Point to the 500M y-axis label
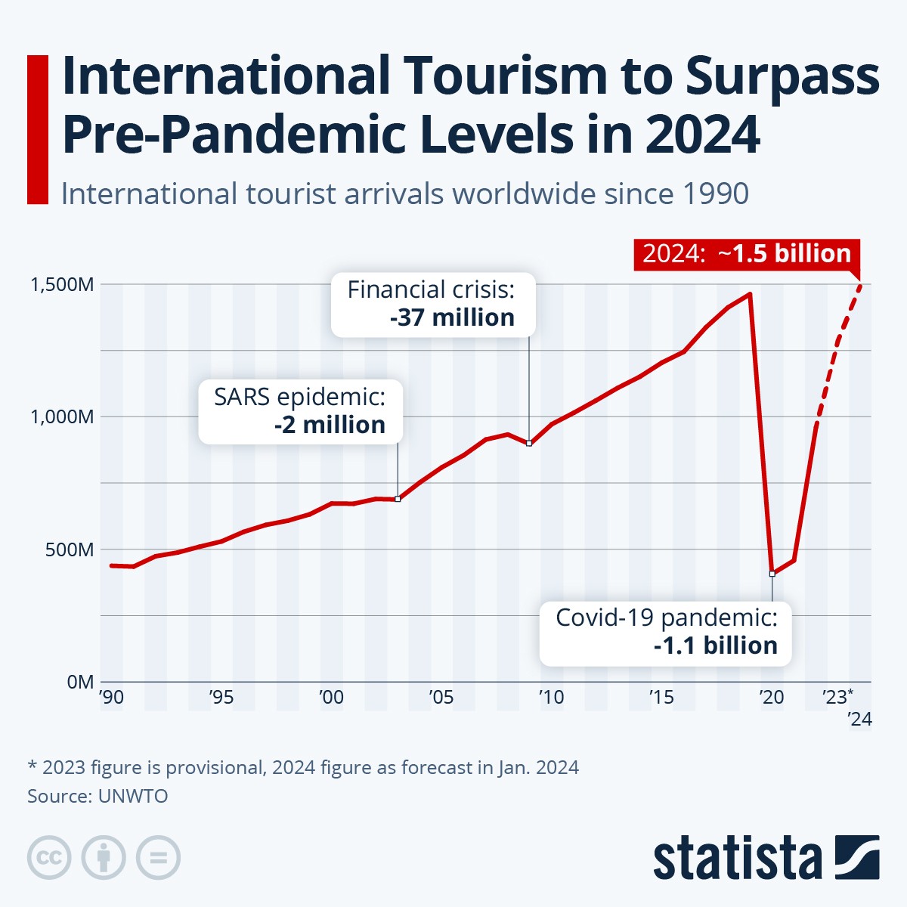click(x=70, y=549)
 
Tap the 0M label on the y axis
click(x=80, y=682)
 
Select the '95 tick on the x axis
click(x=221, y=697)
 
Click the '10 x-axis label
click(x=551, y=697)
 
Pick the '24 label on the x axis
click(x=859, y=719)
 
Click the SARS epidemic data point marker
click(x=398, y=499)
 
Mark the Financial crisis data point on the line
click(x=529, y=443)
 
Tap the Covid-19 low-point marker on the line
click(x=772, y=574)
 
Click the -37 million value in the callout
click(x=452, y=317)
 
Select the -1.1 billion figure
click(x=715, y=645)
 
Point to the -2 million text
click(x=330, y=425)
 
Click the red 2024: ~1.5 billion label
click(x=747, y=253)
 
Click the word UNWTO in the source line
click(x=133, y=796)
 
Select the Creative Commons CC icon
click(x=49, y=858)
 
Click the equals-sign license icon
click(x=158, y=858)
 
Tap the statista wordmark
click(x=737, y=858)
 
